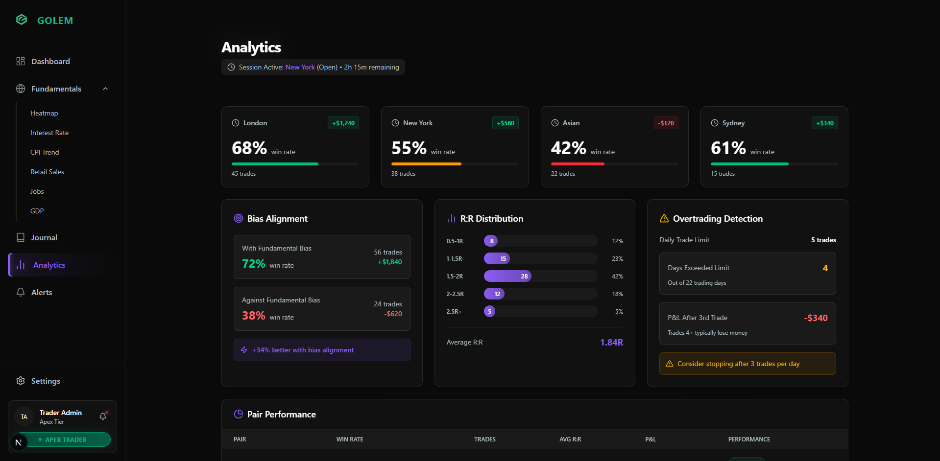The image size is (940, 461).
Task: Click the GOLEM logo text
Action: pyautogui.click(x=55, y=21)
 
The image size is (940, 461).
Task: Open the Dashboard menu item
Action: pyautogui.click(x=50, y=61)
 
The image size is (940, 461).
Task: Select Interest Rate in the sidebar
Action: pyautogui.click(x=49, y=133)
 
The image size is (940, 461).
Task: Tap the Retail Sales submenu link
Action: pyautogui.click(x=47, y=172)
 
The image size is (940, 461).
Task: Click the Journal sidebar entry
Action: pyautogui.click(x=44, y=237)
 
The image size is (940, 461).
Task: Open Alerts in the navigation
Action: pyautogui.click(x=42, y=292)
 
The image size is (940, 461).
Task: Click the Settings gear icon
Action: pyautogui.click(x=21, y=381)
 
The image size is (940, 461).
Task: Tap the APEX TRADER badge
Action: pyautogui.click(x=65, y=439)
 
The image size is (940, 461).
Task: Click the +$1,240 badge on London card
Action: pyautogui.click(x=343, y=123)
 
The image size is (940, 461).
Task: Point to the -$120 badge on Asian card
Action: pyautogui.click(x=666, y=123)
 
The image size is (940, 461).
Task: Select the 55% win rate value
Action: pyautogui.click(x=409, y=148)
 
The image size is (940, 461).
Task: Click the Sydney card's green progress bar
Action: pyautogui.click(x=749, y=164)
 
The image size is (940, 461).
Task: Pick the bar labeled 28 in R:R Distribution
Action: pyautogui.click(x=507, y=276)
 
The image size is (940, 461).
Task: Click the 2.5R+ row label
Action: pyautogui.click(x=454, y=311)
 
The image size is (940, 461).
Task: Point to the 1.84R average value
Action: pyautogui.click(x=611, y=342)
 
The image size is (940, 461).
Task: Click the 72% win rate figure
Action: pyautogui.click(x=254, y=264)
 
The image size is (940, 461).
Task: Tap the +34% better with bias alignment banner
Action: pyautogui.click(x=322, y=350)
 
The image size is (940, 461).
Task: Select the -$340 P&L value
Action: pyautogui.click(x=816, y=318)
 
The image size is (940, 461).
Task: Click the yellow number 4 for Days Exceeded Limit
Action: pyautogui.click(x=825, y=268)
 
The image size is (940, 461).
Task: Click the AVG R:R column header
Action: pyautogui.click(x=570, y=439)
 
